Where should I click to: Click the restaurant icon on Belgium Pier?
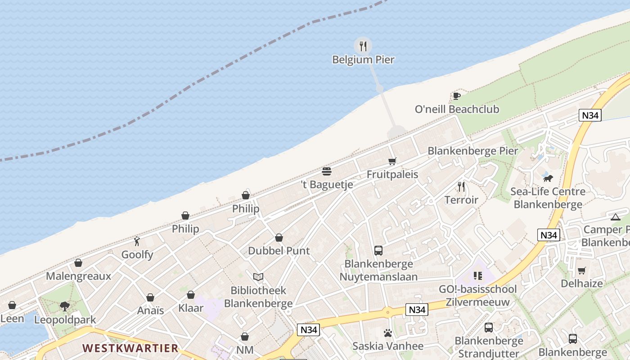363,46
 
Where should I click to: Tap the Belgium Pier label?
363,59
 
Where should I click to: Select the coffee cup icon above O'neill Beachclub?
456,96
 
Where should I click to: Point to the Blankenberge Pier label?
472,151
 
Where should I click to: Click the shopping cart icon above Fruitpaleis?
392,161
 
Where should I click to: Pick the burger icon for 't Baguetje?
327,171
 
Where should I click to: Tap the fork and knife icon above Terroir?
461,186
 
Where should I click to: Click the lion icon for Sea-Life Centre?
548,178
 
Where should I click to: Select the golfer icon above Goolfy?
137,241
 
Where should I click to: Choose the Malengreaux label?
78,276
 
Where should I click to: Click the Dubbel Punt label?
279,251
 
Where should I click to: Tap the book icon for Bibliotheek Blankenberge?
258,277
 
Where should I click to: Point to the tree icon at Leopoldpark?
65,306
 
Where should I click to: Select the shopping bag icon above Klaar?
191,295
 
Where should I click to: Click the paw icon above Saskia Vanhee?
388,333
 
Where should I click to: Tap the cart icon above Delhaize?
581,270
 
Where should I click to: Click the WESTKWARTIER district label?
130,348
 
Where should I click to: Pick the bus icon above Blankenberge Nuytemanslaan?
378,251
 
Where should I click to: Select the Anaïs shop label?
150,310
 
